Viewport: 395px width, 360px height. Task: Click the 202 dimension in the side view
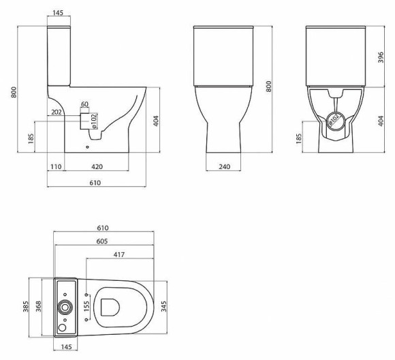pos(57,112)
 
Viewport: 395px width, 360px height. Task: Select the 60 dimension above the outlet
pos(85,104)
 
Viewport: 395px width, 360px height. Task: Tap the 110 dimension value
pos(56,166)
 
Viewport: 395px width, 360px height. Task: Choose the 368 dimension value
pos(39,308)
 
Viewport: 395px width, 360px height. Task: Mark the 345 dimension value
pos(163,308)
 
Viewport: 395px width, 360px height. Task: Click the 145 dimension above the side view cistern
pos(59,14)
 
